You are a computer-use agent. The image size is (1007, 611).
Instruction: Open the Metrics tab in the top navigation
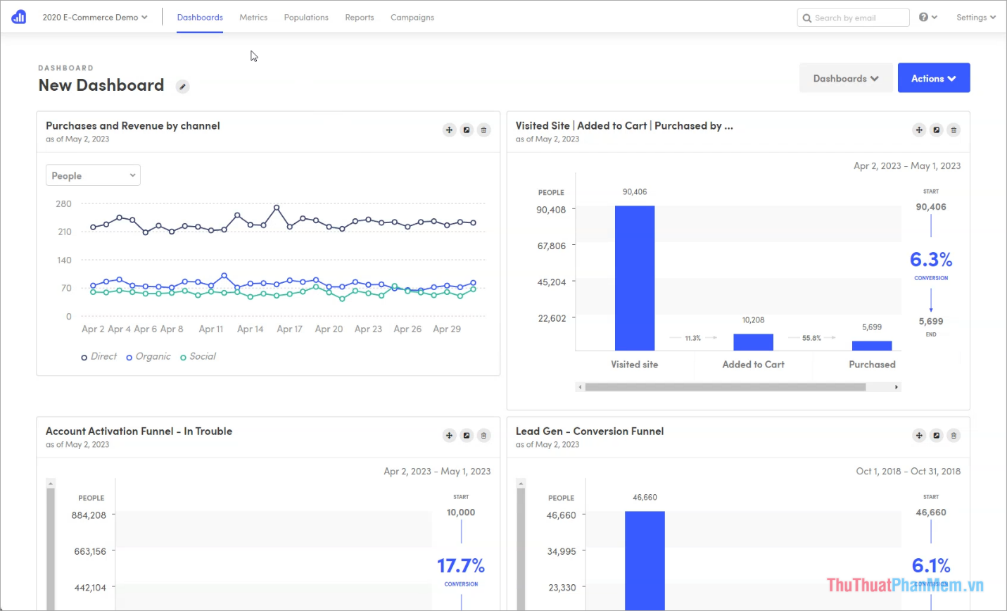click(x=253, y=18)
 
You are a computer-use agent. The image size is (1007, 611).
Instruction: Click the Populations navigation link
click(x=306, y=18)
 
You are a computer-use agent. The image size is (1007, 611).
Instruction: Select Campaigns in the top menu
click(x=412, y=18)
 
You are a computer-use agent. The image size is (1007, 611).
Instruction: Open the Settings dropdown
click(x=975, y=18)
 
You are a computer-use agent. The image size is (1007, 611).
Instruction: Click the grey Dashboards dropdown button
click(x=846, y=78)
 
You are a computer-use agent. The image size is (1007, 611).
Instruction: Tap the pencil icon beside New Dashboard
click(x=182, y=87)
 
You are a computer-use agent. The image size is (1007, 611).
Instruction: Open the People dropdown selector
click(x=93, y=175)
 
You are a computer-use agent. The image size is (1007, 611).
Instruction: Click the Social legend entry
click(x=198, y=357)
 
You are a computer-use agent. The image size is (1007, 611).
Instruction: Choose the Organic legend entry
click(x=149, y=357)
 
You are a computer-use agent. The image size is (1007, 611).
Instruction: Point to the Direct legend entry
click(x=99, y=357)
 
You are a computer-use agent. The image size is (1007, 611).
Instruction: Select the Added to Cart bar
click(x=753, y=342)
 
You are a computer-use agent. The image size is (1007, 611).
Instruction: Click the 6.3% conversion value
click(x=931, y=260)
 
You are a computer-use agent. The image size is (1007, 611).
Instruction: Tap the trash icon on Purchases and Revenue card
click(x=483, y=130)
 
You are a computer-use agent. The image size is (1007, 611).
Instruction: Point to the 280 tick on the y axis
click(x=64, y=204)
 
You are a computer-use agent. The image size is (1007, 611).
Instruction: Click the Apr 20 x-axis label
click(x=329, y=329)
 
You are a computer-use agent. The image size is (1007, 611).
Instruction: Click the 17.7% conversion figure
click(x=461, y=566)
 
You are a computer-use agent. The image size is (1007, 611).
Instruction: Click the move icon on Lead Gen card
click(x=919, y=436)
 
